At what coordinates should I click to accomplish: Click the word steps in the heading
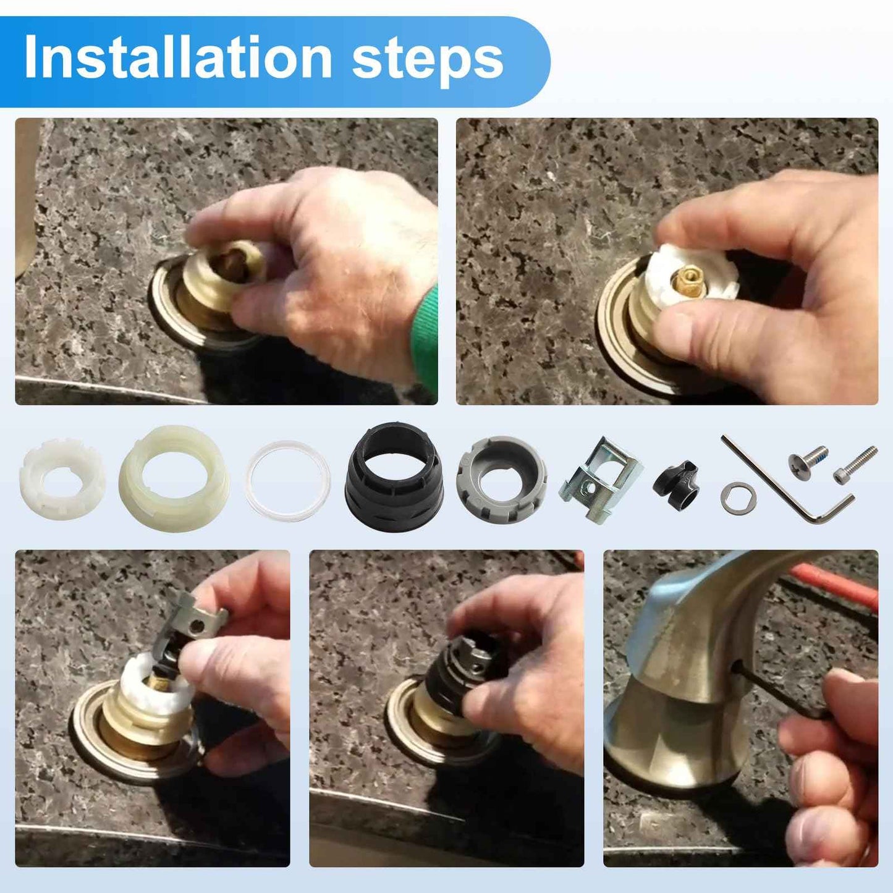coord(428,60)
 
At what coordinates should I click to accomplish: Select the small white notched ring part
coord(62,478)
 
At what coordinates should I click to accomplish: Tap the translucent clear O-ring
coord(288,480)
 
